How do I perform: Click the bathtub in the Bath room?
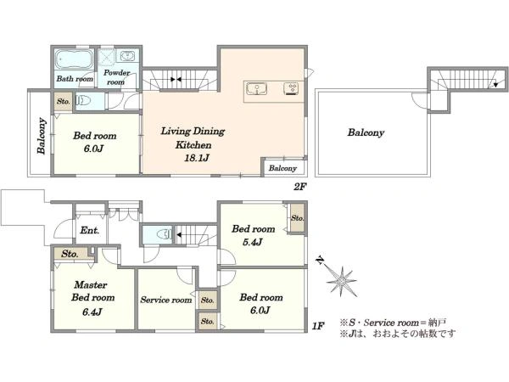[x=74, y=61]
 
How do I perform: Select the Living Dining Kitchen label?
[x=192, y=138]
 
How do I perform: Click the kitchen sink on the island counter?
[x=257, y=88]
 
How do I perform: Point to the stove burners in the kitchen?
[x=291, y=88]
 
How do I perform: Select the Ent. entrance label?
[x=89, y=231]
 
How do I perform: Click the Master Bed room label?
[x=92, y=291]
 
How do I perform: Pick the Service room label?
[x=165, y=300]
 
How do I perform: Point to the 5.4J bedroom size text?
[x=253, y=243]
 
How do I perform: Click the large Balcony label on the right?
[x=365, y=133]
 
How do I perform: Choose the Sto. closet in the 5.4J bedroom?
[x=297, y=219]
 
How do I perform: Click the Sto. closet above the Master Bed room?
[x=70, y=253]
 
